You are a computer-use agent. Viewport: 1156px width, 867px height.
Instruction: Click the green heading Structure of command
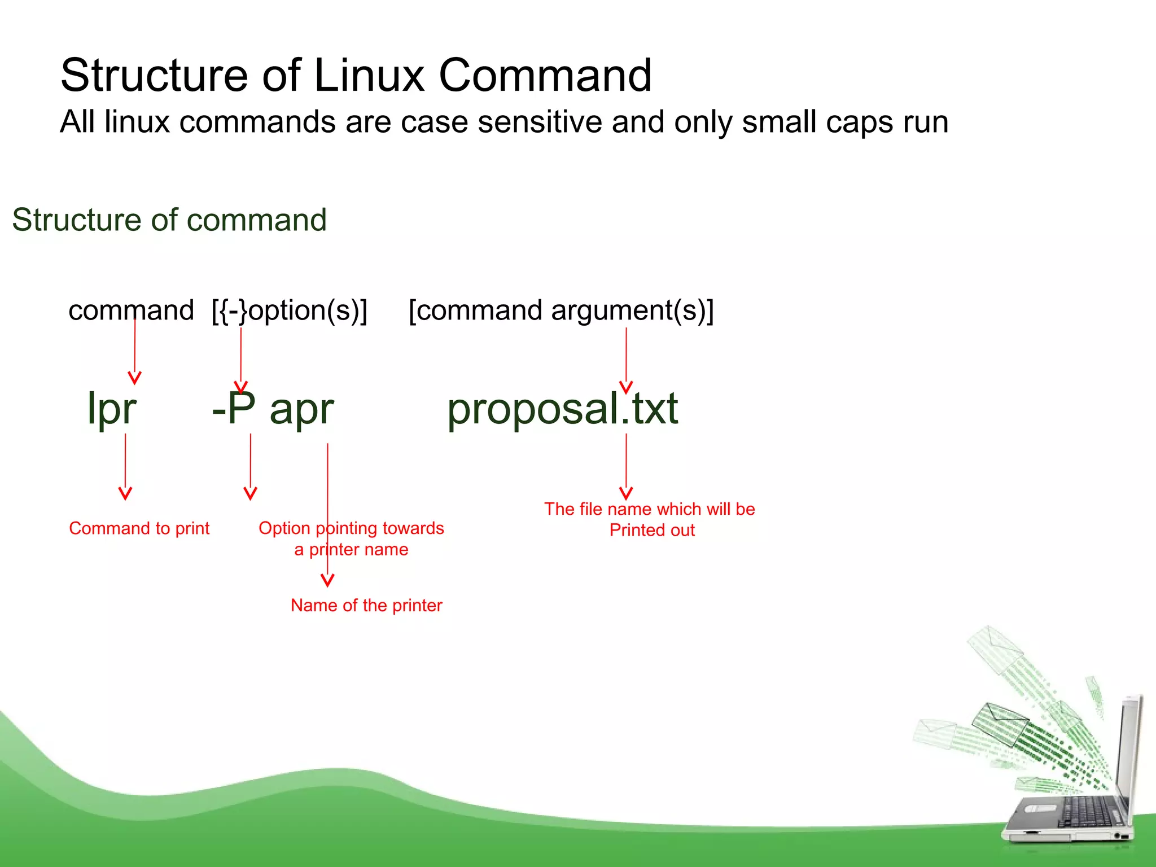coord(169,220)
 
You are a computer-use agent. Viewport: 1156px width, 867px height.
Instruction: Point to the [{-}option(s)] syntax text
coord(290,310)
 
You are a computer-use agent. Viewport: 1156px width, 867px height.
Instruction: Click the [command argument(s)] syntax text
coord(561,310)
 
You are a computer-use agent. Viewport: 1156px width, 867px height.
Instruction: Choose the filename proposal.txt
coord(562,409)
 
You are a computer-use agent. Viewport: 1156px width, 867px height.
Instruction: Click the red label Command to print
coord(139,528)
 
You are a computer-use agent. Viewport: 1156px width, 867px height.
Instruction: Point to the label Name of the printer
coord(366,606)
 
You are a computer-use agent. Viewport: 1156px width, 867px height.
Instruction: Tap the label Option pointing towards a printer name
coord(351,538)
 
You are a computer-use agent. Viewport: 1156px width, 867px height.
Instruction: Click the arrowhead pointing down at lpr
coord(134,378)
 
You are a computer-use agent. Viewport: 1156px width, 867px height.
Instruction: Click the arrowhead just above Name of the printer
coord(327,580)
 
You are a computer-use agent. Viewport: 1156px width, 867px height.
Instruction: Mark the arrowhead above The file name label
coord(626,493)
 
